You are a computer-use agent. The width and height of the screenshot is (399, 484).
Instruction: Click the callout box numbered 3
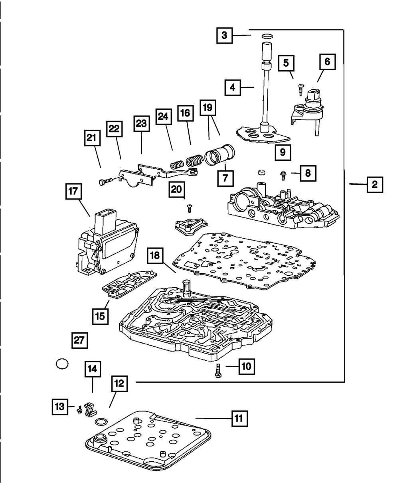click(225, 35)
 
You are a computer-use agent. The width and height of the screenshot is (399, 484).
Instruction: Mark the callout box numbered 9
click(282, 152)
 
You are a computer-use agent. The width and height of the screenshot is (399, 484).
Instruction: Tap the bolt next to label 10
click(218, 372)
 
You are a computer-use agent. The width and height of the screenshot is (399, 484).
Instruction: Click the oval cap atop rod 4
click(267, 37)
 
